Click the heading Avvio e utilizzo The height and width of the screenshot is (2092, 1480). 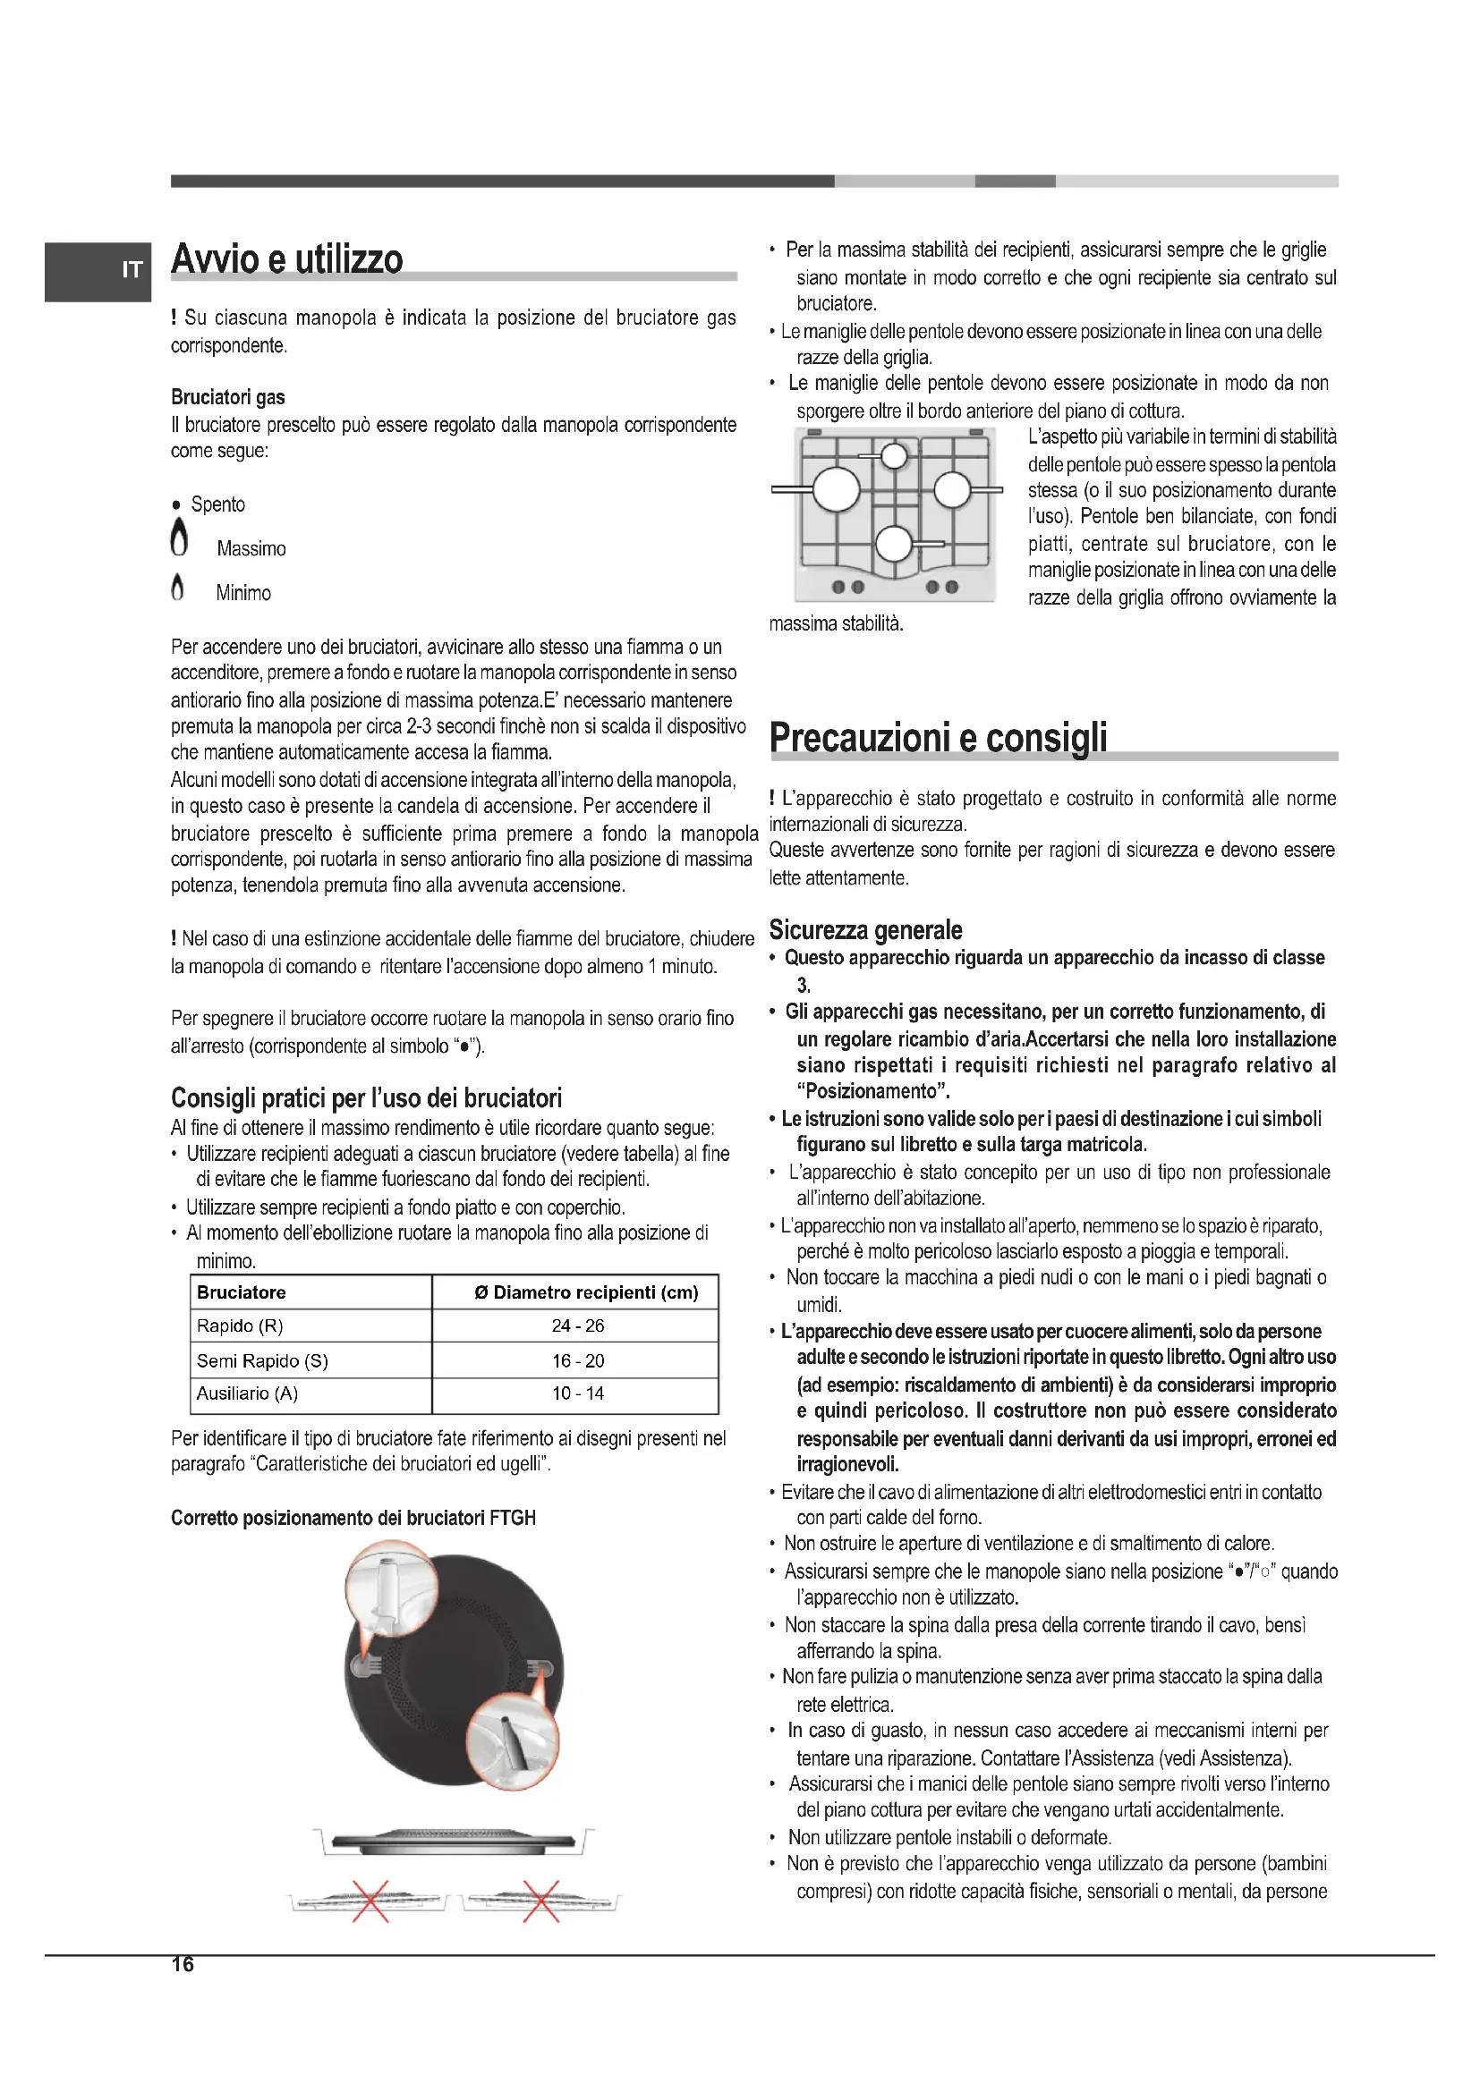point(286,259)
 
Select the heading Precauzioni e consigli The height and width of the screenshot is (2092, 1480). point(938,737)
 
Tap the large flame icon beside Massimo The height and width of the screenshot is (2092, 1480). point(180,538)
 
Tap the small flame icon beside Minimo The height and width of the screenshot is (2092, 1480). point(178,588)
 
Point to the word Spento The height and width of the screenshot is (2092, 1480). point(217,504)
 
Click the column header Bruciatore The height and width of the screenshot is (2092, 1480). point(242,1292)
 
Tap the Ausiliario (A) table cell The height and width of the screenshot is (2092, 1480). point(248,1393)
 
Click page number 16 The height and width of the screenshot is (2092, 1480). point(183,1964)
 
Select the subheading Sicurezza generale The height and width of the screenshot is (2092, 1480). point(865,930)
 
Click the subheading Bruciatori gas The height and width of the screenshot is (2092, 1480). point(228,397)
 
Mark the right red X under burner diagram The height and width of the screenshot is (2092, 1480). point(540,1901)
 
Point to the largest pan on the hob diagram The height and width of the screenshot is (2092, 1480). point(836,489)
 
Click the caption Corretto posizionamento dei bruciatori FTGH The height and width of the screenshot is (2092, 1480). point(353,1518)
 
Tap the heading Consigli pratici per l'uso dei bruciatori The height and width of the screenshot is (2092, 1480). point(366,1098)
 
